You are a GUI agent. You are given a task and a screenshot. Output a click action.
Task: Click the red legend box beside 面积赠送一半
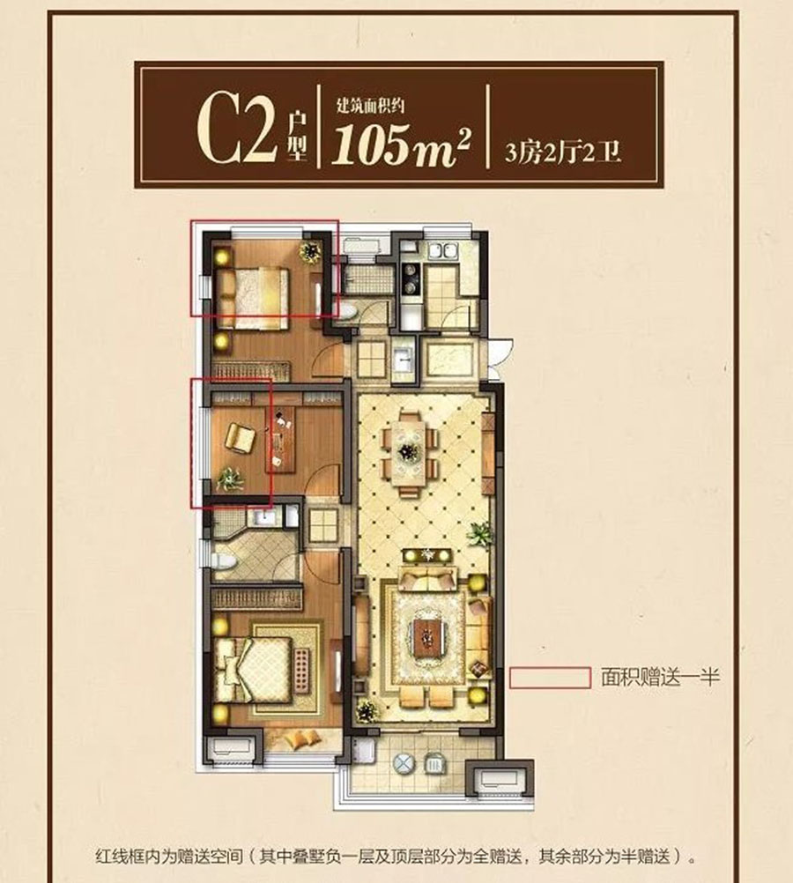(x=550, y=677)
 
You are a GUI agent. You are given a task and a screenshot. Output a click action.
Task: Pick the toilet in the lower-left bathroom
(x=222, y=560)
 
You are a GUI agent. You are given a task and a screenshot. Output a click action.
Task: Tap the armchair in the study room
(x=239, y=436)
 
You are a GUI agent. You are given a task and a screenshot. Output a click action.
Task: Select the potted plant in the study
(x=230, y=479)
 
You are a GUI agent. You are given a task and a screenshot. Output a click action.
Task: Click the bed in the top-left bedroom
(x=251, y=292)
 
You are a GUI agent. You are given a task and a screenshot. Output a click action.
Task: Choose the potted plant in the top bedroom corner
(x=310, y=253)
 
